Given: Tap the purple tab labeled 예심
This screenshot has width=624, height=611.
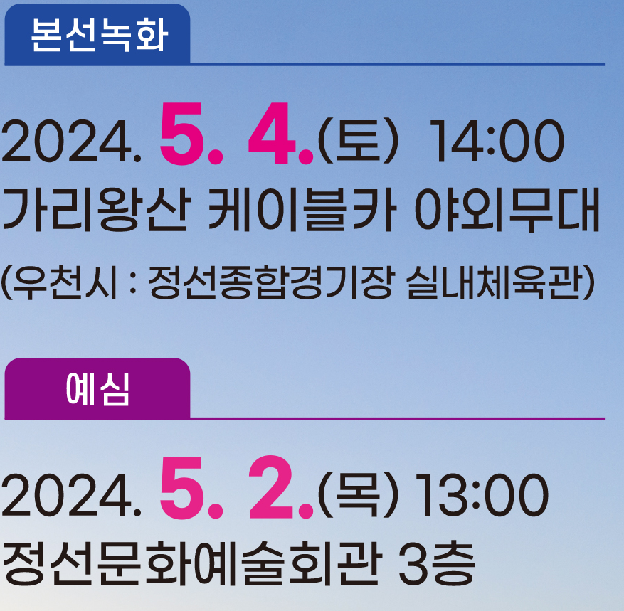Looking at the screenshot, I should point(97,389).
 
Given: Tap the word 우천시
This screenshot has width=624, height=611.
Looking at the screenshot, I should point(60,284).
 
